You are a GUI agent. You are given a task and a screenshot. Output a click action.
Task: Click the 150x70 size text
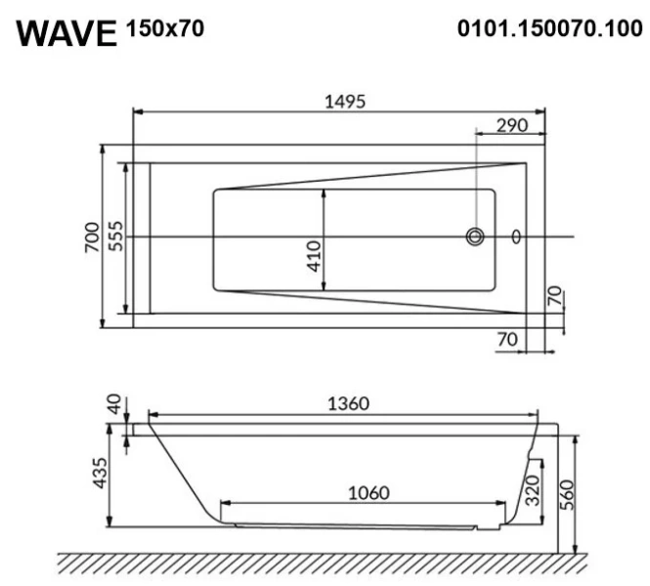[165, 28]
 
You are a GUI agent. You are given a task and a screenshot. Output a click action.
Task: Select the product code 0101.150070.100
[550, 28]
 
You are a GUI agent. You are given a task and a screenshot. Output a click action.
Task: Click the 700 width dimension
[90, 236]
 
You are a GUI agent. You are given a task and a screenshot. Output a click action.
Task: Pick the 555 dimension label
[114, 237]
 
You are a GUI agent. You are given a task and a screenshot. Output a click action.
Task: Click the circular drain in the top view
[476, 236]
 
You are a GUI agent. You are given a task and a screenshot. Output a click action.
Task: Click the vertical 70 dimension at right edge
[554, 297]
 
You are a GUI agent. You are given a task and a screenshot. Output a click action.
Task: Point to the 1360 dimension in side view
[348, 403]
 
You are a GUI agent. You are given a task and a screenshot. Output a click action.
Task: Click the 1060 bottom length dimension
[368, 492]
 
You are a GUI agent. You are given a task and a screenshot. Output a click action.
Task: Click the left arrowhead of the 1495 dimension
[137, 111]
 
